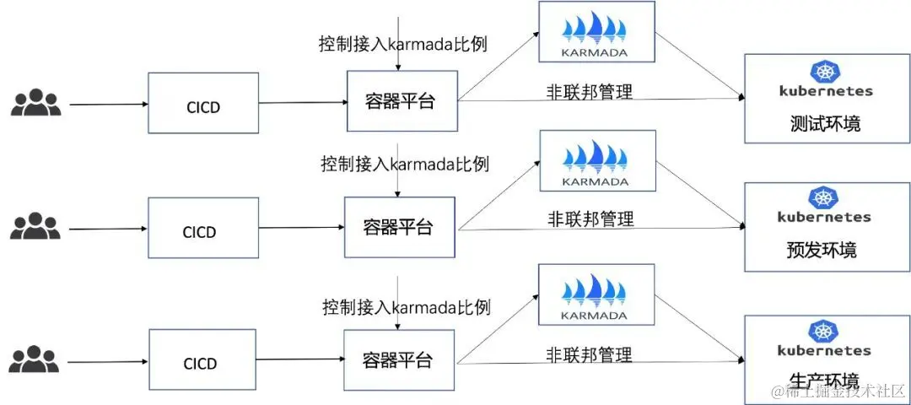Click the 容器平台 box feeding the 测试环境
pyautogui.click(x=402, y=101)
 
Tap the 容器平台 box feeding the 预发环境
pyautogui.click(x=399, y=227)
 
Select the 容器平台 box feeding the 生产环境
pyautogui.click(x=399, y=360)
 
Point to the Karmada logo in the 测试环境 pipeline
pyautogui.click(x=596, y=31)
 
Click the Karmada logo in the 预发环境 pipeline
pyautogui.click(x=596, y=160)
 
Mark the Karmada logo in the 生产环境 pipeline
pyautogui.click(x=596, y=294)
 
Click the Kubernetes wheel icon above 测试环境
pyautogui.click(x=823, y=72)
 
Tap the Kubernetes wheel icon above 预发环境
pyautogui.click(x=823, y=198)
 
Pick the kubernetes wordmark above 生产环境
pyautogui.click(x=823, y=350)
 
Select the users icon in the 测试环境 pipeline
pyautogui.click(x=35, y=102)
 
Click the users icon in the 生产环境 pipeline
pyautogui.click(x=35, y=358)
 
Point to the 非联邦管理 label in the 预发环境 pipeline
pyautogui.click(x=590, y=219)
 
